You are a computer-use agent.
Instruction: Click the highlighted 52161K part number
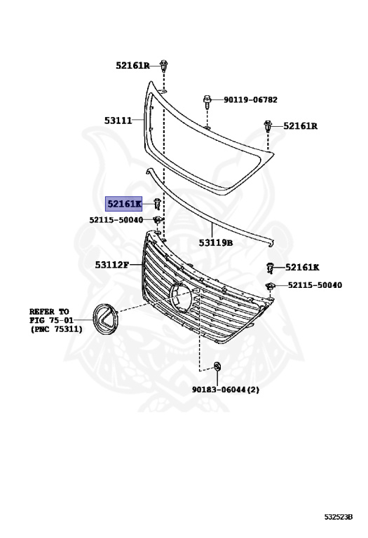pos(123,204)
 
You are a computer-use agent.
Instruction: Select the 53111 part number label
pos(118,120)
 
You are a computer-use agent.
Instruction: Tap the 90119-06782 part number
pos(250,100)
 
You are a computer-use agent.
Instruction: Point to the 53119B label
pos(216,243)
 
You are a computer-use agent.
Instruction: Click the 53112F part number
pos(112,265)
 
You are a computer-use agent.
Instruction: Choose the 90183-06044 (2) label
pos(225,389)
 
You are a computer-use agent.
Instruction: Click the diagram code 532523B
pos(339,516)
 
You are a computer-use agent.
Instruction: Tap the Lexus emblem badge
pos(105,318)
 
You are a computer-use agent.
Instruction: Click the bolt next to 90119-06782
pos(207,102)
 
